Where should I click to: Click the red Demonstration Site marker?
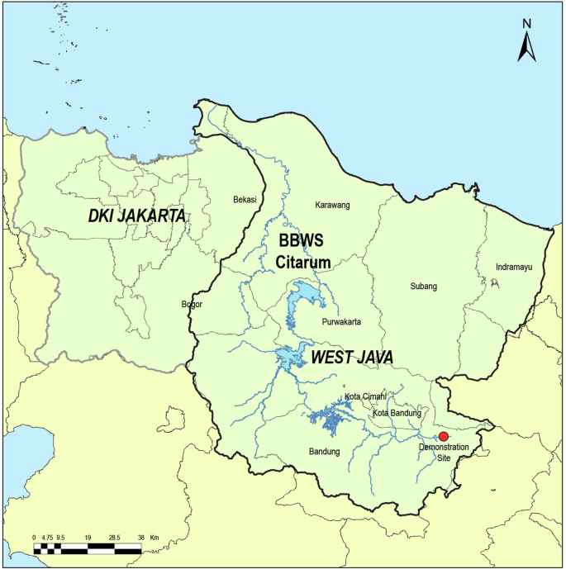point(443,436)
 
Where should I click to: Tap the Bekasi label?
point(245,200)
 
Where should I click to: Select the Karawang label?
point(333,205)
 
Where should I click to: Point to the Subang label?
point(423,287)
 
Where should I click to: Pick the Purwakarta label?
point(340,321)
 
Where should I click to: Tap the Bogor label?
point(192,304)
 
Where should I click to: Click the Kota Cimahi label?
point(366,396)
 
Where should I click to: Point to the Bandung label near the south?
point(324,451)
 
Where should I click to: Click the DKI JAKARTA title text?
point(136,216)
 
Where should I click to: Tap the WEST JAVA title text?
point(351,358)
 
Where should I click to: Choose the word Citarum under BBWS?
point(303,263)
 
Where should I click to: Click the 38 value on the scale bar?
point(141,538)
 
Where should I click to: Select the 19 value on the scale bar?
point(87,538)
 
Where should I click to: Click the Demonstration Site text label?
point(444,452)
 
